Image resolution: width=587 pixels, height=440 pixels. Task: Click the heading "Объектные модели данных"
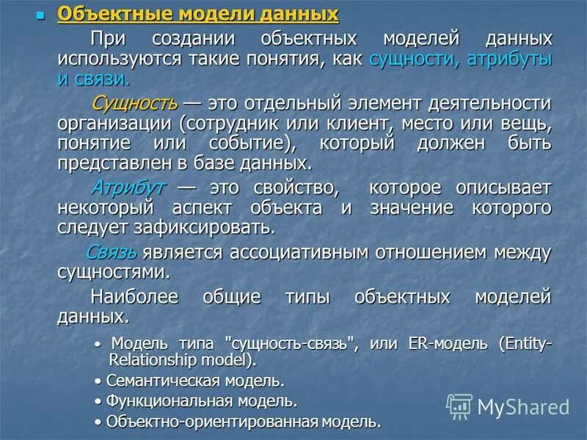[198, 14]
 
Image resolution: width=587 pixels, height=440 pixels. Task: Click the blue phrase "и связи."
[93, 79]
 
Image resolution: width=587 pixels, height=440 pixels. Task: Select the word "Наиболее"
[138, 296]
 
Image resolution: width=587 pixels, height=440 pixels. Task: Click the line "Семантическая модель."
[194, 381]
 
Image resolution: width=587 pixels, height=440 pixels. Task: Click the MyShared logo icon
[459, 406]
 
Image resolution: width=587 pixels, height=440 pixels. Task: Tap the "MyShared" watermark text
[523, 407]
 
